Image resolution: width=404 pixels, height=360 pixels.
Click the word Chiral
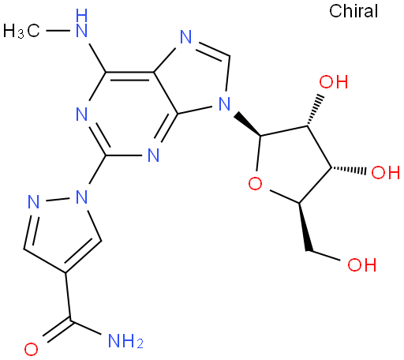coord(353,11)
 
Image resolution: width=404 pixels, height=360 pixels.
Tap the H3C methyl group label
coord(21,31)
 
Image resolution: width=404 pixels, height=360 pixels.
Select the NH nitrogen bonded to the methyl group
coord(81,23)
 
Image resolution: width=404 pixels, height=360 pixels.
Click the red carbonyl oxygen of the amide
coord(31,349)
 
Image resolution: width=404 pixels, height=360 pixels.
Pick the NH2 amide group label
coord(125,341)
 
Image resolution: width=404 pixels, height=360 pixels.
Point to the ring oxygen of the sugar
coord(255,183)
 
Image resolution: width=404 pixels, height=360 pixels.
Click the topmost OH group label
coord(334,81)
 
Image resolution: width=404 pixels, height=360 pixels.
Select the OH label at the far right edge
coord(386,172)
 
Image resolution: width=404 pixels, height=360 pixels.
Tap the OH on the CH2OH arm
coord(362,264)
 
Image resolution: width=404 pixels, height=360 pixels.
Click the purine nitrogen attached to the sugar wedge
coord(224,103)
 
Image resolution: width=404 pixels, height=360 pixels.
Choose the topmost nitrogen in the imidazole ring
coord(186,37)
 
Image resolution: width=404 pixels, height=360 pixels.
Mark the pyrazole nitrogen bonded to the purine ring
coord(81,197)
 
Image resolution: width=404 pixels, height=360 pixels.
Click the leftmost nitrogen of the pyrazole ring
coord(34,202)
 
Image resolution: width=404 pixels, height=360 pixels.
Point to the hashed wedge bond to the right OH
coord(348,170)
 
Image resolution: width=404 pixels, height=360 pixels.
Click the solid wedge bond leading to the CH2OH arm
coord(304,227)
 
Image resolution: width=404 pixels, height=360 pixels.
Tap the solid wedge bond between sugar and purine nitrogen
coord(248,124)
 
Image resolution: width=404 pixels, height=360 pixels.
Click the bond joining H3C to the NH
coord(58,31)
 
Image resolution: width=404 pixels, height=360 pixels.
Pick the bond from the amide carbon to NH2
coord(86,328)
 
